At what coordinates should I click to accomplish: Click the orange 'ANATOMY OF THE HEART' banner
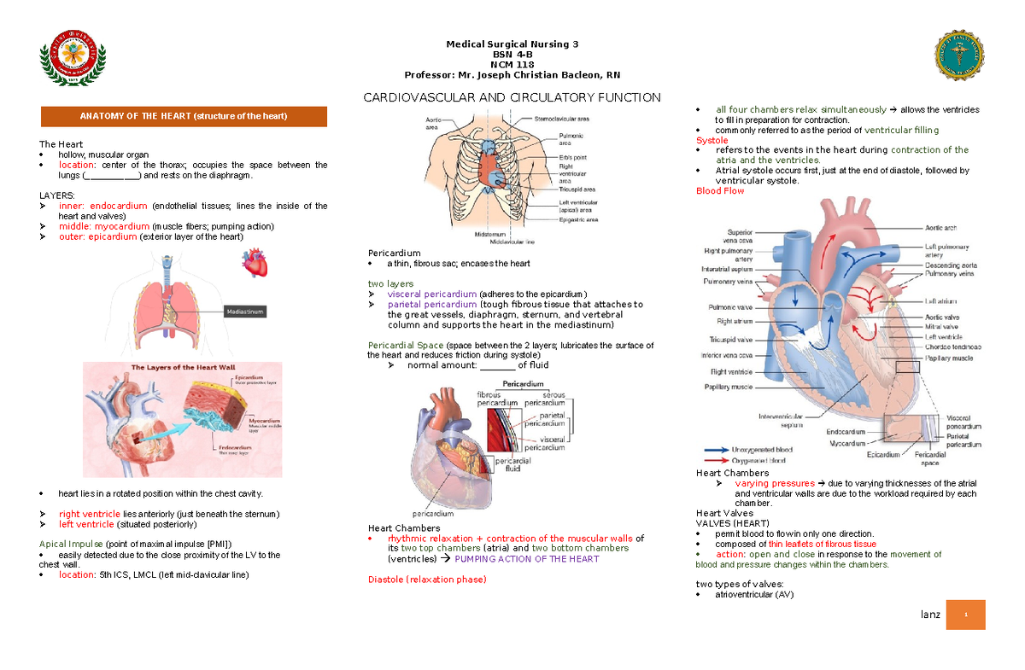point(184,116)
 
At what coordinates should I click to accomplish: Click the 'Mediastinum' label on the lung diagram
point(246,312)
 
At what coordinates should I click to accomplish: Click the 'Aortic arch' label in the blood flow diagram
point(940,228)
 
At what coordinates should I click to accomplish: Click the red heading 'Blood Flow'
point(720,191)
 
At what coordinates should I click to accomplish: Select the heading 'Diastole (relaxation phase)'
point(426,580)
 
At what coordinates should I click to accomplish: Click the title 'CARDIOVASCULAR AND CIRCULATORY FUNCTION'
point(512,97)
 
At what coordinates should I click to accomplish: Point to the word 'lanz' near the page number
point(929,615)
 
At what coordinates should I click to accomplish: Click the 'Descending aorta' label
point(951,265)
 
